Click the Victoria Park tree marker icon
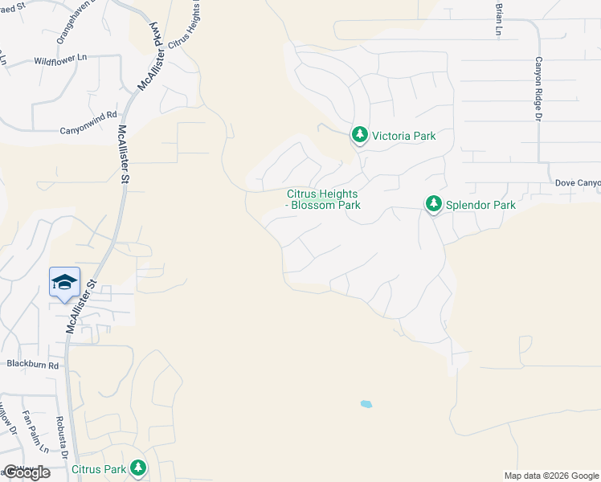coord(359,135)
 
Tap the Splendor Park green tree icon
coord(434,204)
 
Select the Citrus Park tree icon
coord(138,468)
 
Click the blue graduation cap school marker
coord(64,282)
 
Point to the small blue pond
coord(366,404)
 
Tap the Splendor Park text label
coord(481,205)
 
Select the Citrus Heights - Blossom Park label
coord(323,199)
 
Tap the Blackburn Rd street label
coord(33,364)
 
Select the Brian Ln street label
coord(498,18)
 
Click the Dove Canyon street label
coord(578,183)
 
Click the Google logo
coord(27,472)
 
